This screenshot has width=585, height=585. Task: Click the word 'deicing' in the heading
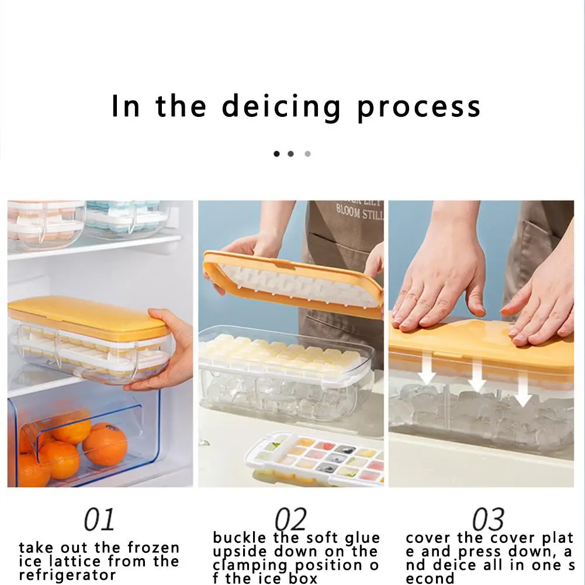coord(281,108)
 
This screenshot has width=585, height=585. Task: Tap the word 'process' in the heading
coord(419,108)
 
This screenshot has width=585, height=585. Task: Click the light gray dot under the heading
coord(307,154)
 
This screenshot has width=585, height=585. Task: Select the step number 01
coord(99,519)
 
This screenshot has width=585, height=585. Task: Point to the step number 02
coord(290,519)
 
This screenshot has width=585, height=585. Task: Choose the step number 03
coord(488,519)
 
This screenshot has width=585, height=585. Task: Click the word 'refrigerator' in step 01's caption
coord(68,575)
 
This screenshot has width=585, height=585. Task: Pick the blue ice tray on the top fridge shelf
coord(126,219)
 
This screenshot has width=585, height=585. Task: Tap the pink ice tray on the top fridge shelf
coord(45,223)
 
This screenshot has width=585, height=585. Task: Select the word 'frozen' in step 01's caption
coord(154,548)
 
